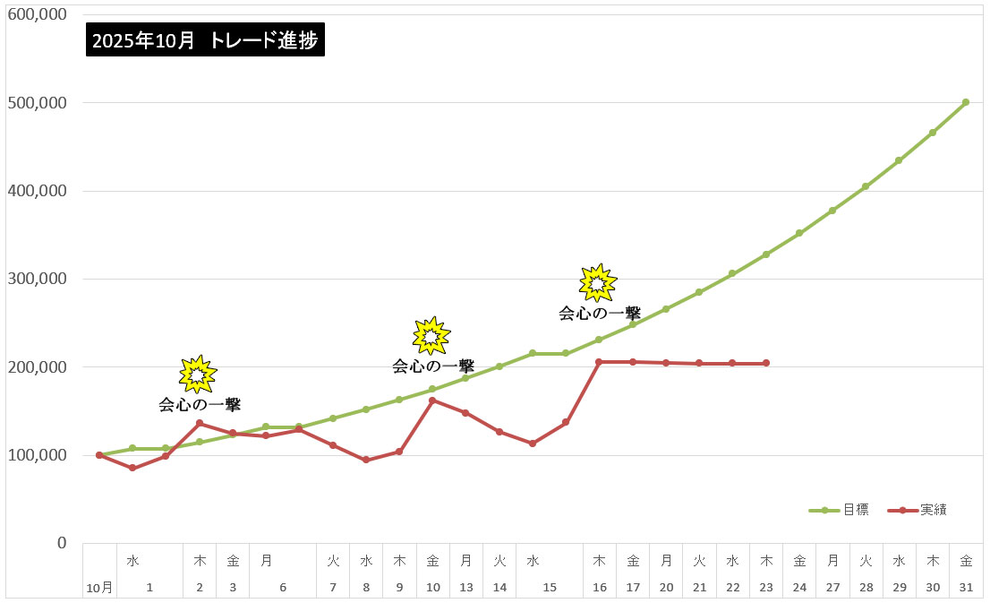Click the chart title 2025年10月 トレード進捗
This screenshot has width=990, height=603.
coord(205,40)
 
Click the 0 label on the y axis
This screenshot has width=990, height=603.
coord(62,543)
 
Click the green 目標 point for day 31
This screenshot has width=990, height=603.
coord(966,102)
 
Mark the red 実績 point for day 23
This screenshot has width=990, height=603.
coord(766,363)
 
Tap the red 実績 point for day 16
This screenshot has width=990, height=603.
coord(599,362)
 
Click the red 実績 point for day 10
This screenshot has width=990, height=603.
coord(432,401)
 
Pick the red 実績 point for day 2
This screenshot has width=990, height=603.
coord(199,423)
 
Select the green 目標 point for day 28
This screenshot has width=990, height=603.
coord(866,186)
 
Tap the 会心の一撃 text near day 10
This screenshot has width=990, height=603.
coord(433,366)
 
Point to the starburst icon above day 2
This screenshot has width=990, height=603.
coord(198,375)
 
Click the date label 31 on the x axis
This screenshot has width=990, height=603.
coord(966,588)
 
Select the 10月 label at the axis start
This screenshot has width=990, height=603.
coord(99,589)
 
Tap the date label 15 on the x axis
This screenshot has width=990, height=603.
coord(550,588)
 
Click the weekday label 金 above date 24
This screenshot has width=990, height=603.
coord(799,561)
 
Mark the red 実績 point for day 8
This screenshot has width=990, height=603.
coord(365,460)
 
